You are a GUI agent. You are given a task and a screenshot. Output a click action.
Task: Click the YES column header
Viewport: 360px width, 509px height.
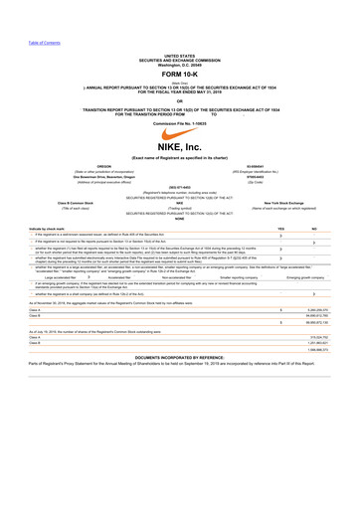281,256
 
